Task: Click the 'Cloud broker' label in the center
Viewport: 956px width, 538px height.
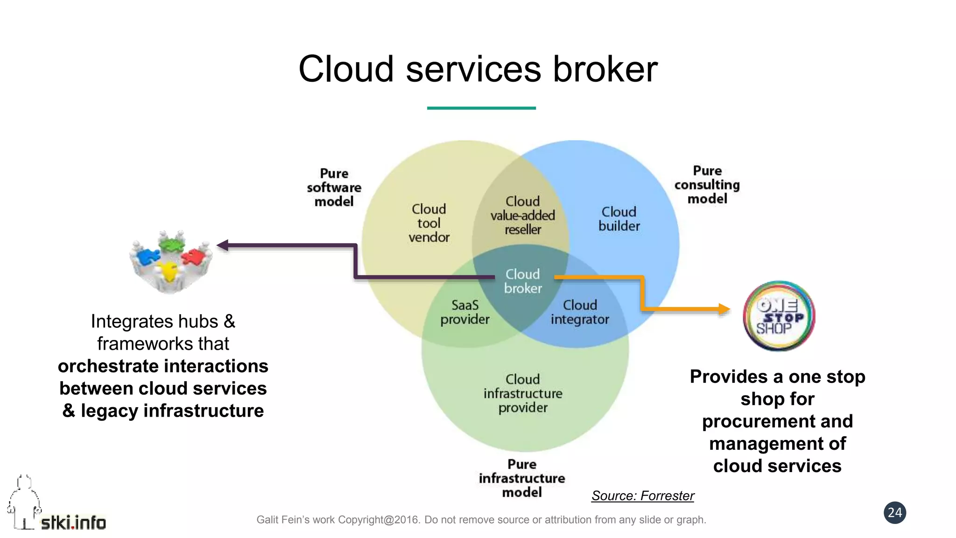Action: pos(522,281)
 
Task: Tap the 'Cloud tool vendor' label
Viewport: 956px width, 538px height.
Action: pos(429,223)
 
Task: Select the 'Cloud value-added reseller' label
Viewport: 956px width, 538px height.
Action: pos(522,215)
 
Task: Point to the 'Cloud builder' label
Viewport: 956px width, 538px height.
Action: pos(619,219)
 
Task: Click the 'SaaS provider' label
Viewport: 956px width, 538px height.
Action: pos(464,312)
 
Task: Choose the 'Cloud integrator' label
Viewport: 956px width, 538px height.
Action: pos(580,312)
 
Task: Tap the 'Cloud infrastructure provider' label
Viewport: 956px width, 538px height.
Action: pos(523,393)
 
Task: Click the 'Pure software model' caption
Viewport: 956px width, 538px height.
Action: pos(334,187)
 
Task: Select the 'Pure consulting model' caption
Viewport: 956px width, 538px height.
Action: pos(707,184)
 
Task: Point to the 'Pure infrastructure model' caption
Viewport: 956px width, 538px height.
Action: pos(521,478)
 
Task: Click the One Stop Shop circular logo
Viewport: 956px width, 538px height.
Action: pos(779,316)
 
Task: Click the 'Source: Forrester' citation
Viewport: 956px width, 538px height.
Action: pos(642,496)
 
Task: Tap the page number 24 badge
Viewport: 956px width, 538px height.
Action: pos(894,513)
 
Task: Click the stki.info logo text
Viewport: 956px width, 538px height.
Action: pos(73,523)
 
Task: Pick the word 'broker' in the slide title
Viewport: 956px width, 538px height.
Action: pos(605,69)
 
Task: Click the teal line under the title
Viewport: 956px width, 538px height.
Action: pos(481,108)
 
